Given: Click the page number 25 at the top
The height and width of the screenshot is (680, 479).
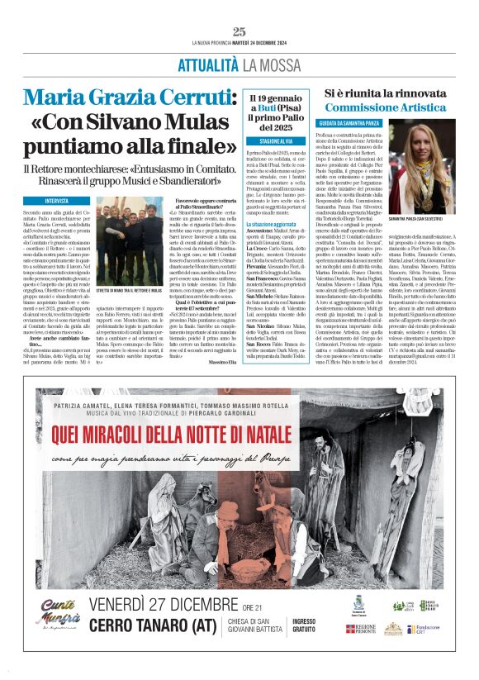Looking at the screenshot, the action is [x=239, y=31].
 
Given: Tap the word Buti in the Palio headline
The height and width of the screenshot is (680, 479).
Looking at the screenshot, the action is [x=274, y=107].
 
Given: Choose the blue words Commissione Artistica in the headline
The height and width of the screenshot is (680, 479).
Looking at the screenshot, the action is [x=385, y=107].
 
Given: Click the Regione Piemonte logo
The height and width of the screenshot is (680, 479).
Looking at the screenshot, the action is [x=361, y=630].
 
